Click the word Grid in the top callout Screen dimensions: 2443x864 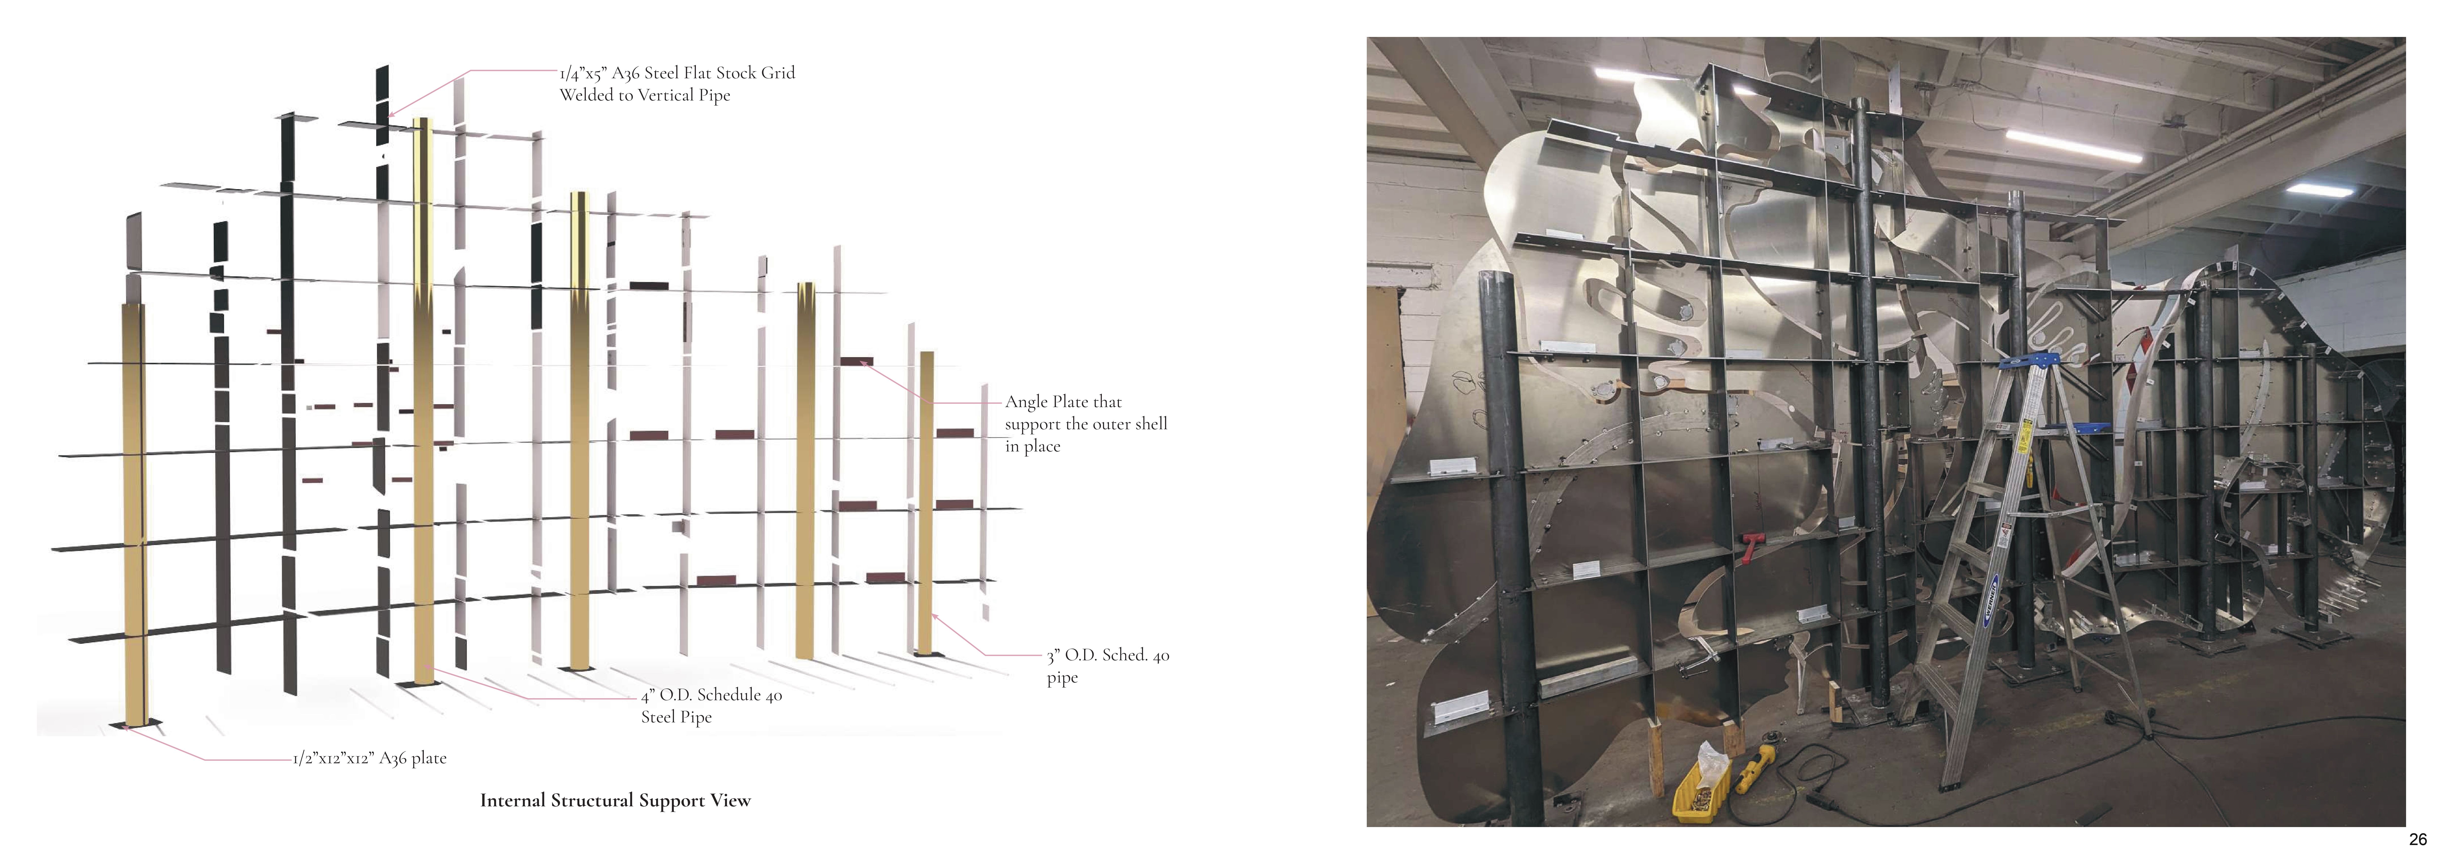[778, 73]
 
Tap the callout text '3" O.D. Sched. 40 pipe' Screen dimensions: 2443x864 [1108, 666]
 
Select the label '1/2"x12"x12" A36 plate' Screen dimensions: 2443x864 [370, 758]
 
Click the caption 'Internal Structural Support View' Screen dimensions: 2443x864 [616, 800]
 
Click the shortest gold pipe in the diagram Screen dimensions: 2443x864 [927, 503]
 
